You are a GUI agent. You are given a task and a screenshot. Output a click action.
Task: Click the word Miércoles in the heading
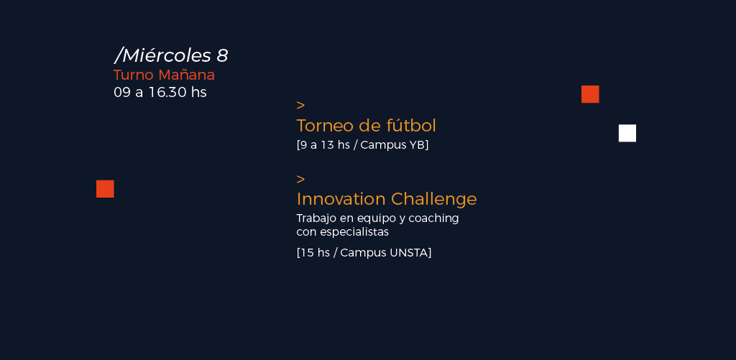[x=166, y=55]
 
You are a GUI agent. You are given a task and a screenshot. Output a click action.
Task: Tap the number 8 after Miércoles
[x=222, y=56]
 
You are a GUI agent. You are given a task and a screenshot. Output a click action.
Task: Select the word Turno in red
[x=134, y=75]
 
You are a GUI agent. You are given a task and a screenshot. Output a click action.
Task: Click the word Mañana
[x=186, y=75]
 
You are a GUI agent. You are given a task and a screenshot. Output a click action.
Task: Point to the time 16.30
[x=167, y=93]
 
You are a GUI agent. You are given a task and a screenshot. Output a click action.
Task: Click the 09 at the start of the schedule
[x=122, y=93]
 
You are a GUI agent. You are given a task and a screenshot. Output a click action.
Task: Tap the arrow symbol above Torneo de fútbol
[x=300, y=105]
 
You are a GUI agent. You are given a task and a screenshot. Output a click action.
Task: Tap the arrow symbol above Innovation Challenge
[x=300, y=180]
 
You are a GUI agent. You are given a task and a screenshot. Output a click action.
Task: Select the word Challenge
[x=433, y=200]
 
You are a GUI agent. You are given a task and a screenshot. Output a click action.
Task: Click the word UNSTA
[x=408, y=253]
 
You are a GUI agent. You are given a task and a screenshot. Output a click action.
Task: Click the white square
[x=627, y=134]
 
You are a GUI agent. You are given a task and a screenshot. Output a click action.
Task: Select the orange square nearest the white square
[x=590, y=94]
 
